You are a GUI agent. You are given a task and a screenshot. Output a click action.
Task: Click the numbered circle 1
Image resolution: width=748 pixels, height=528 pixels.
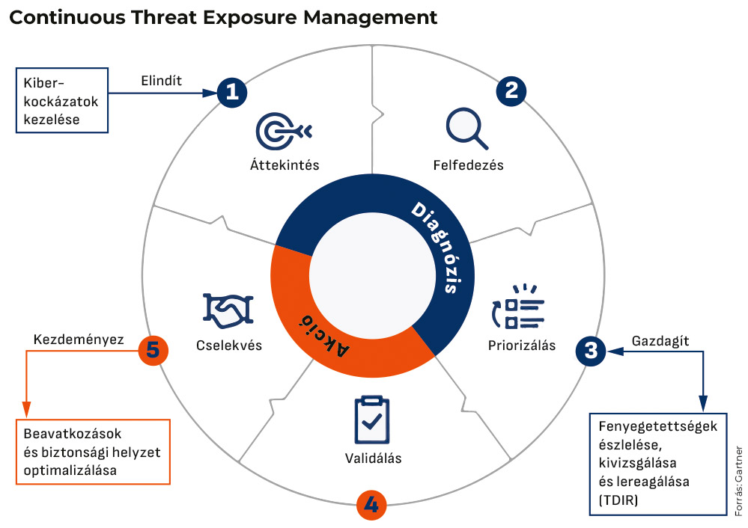pyautogui.click(x=232, y=92)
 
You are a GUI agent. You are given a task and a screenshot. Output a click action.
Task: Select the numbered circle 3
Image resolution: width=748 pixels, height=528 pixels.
pyautogui.click(x=591, y=352)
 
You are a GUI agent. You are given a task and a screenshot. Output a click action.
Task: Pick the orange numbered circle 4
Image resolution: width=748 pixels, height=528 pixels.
pyautogui.click(x=371, y=505)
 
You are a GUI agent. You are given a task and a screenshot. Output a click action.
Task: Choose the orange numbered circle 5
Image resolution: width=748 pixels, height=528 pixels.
pyautogui.click(x=153, y=350)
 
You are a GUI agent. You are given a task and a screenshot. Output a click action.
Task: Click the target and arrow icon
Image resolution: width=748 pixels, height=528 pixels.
pyautogui.click(x=283, y=131)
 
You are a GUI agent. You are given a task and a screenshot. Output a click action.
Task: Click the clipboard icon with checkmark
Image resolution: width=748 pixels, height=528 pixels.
pyautogui.click(x=371, y=420)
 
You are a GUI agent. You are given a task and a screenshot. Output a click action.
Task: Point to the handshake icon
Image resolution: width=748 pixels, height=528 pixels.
pyautogui.click(x=228, y=310)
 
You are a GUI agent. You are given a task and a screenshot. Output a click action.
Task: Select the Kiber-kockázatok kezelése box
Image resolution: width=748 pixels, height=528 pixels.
pyautogui.click(x=62, y=100)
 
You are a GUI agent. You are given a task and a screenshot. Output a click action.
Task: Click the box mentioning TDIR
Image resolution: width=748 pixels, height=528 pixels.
pyautogui.click(x=658, y=464)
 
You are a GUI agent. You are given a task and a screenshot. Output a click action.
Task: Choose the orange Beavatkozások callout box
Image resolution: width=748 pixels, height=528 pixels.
pyautogui.click(x=93, y=452)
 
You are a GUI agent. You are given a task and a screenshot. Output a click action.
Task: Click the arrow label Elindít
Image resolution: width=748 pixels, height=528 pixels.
pyautogui.click(x=161, y=81)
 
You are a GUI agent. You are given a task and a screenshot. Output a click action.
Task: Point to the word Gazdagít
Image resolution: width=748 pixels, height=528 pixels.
pyautogui.click(x=660, y=341)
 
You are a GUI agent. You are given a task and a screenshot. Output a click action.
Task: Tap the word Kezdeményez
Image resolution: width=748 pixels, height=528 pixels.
pyautogui.click(x=79, y=340)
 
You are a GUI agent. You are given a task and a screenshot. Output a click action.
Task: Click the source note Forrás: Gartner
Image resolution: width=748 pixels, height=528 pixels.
pyautogui.click(x=738, y=481)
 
